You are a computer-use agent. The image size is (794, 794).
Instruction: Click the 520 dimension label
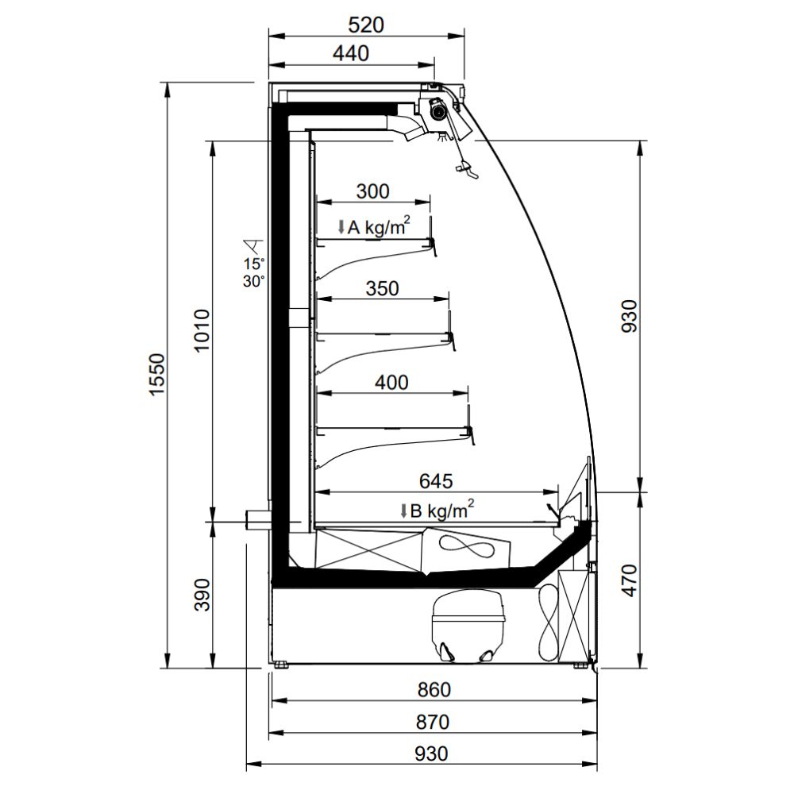(366, 25)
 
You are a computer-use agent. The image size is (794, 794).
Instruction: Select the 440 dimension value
(351, 53)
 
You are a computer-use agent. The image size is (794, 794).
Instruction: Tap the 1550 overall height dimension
(158, 376)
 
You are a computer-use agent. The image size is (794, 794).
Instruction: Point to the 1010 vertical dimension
(202, 330)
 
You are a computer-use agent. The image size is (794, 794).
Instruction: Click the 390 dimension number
(202, 595)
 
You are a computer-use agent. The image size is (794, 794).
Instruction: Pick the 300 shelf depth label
(372, 191)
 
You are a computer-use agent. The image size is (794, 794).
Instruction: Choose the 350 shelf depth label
(383, 288)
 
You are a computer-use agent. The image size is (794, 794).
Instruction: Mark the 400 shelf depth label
(391, 383)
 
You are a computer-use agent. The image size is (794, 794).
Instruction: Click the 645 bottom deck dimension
(436, 481)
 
